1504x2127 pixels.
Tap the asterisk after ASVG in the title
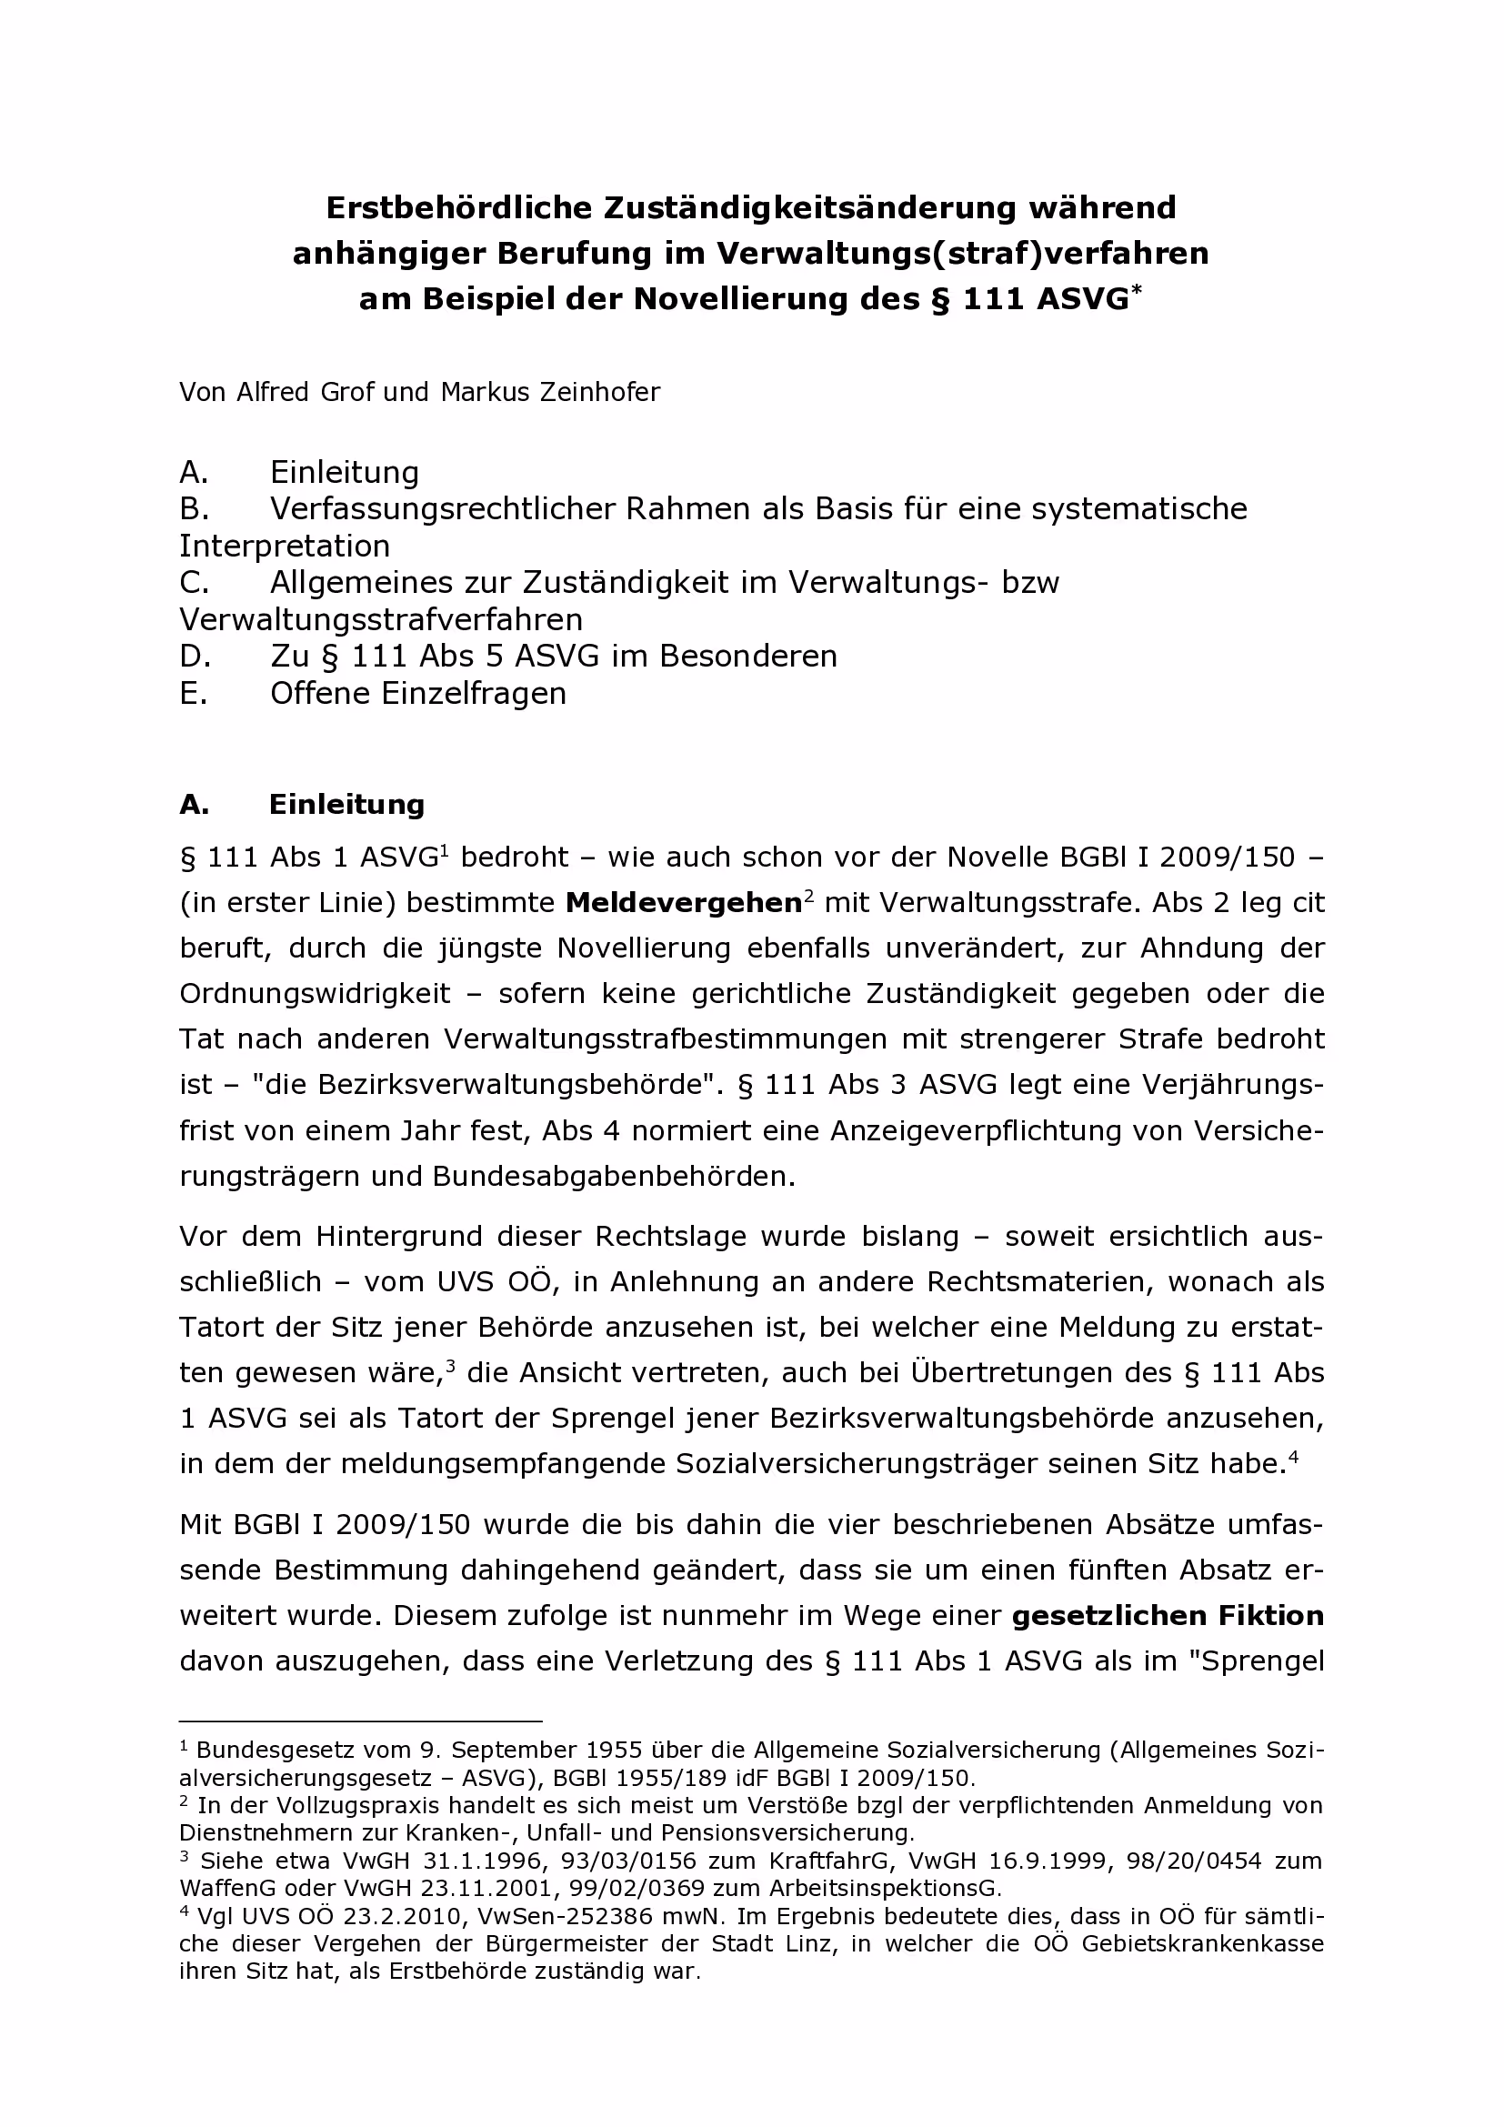(1137, 290)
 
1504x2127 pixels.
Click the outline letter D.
(195, 656)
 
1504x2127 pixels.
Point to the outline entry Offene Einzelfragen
(417, 693)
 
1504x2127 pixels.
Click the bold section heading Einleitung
(346, 804)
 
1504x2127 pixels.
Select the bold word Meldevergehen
(683, 903)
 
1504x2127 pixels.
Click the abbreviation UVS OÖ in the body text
(494, 1282)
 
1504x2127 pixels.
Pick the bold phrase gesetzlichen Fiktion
(1168, 1617)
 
